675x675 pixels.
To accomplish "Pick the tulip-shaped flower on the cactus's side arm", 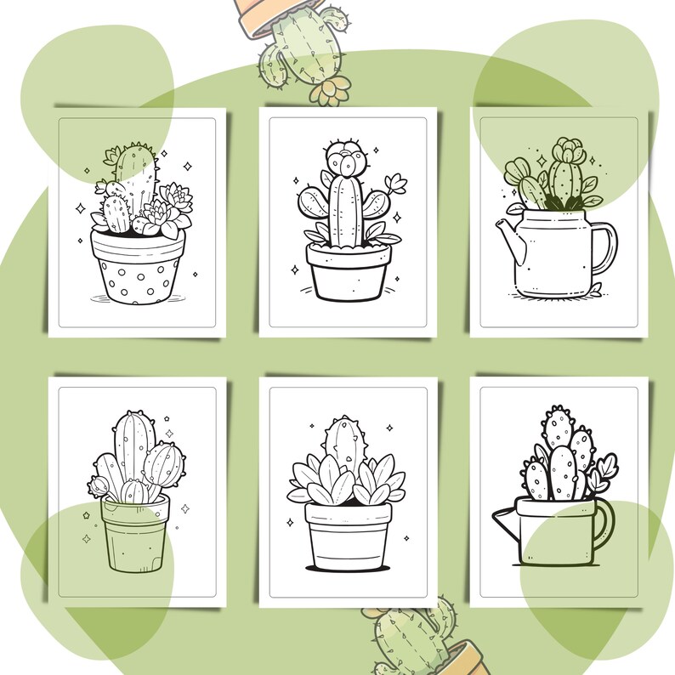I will click(394, 184).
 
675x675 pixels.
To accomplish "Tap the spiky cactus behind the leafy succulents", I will click(343, 441).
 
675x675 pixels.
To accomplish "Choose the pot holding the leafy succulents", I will click(347, 535).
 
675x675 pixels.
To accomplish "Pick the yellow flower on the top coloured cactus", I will click(329, 90).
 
